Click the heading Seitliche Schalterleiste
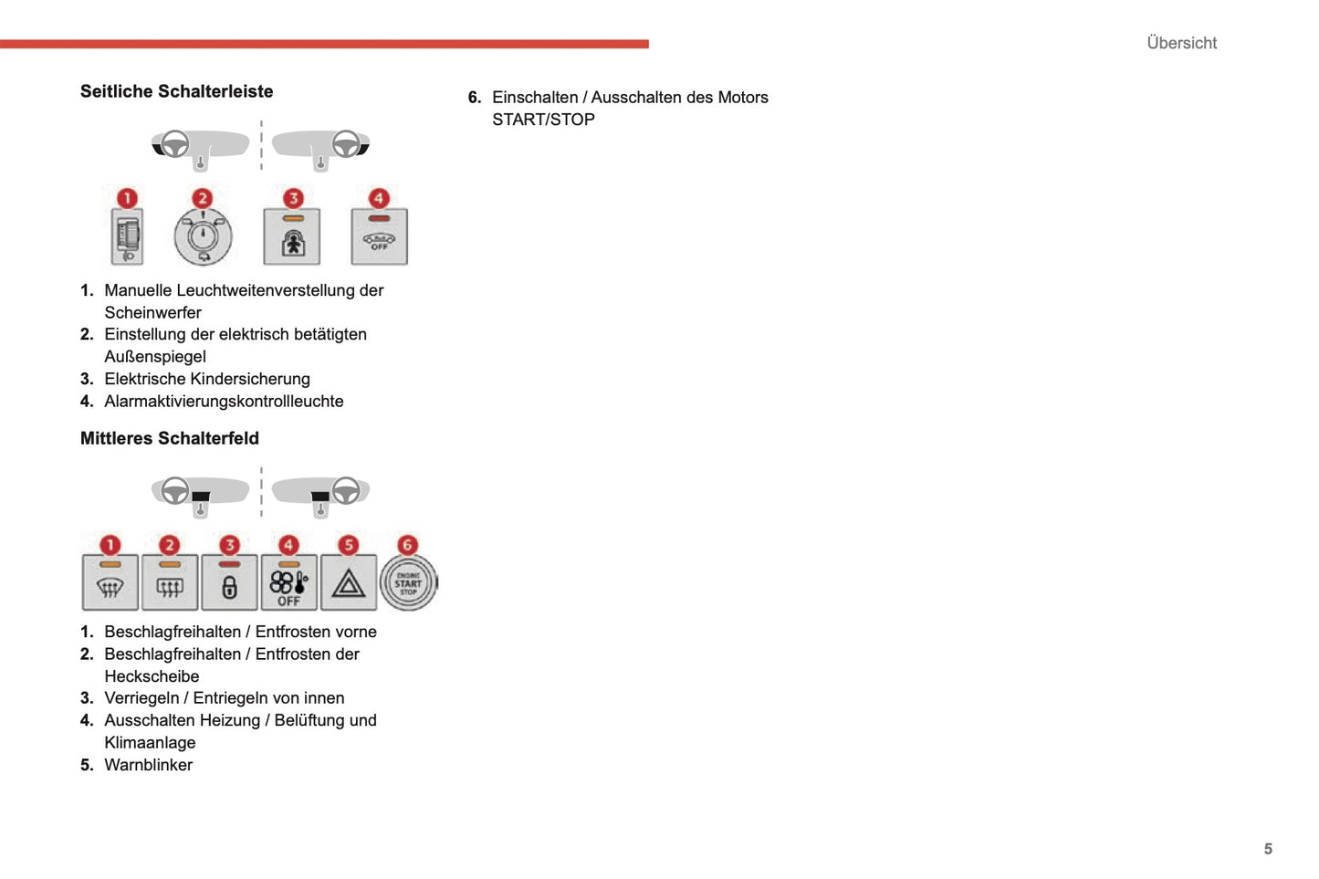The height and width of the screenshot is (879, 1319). (176, 91)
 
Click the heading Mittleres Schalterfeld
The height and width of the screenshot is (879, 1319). (169, 438)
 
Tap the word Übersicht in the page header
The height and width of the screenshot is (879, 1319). (1181, 43)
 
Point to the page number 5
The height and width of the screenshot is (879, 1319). (1268, 849)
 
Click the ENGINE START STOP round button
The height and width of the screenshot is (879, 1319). (408, 583)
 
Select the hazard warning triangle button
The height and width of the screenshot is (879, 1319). (349, 583)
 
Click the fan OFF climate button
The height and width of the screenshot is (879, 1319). (288, 584)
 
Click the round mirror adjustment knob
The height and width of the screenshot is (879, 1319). (203, 236)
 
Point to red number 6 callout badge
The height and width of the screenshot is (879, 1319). (407, 545)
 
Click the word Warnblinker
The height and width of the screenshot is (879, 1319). (148, 765)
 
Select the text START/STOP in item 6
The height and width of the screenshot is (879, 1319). (543, 120)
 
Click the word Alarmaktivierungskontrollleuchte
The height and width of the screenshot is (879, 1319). (224, 401)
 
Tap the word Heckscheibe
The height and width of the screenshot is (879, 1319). (152, 676)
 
